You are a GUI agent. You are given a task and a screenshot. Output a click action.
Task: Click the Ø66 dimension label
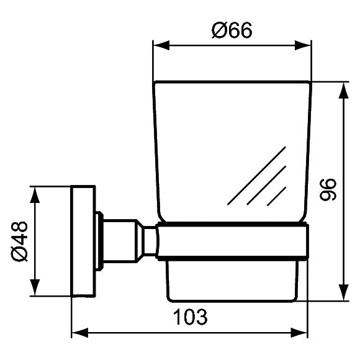(232, 30)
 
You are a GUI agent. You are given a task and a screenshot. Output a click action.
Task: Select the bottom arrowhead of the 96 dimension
(343, 295)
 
